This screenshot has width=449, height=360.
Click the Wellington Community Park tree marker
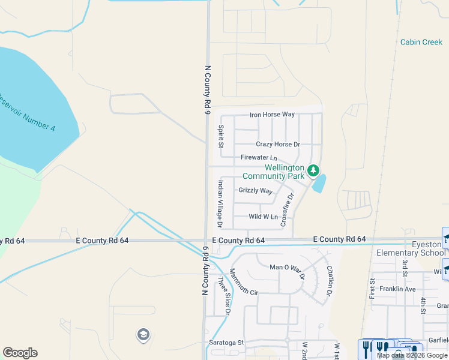coord(313,171)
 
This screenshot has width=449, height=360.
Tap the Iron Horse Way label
coord(273,115)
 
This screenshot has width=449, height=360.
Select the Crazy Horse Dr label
coord(277,145)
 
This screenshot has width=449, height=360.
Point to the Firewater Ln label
coord(258,158)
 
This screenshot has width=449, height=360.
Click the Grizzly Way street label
coord(255,191)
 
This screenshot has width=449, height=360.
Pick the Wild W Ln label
coord(264,217)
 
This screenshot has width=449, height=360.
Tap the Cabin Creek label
coord(421,42)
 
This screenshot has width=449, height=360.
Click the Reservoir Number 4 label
coord(27,112)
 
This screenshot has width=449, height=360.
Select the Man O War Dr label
coord(287,268)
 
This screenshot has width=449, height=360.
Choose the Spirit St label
coord(221,137)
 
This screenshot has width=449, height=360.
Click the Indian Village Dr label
coord(220,204)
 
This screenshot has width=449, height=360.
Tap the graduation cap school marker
coord(143,334)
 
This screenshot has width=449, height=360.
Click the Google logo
coord(20,353)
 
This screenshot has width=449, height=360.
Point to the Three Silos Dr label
coord(224,295)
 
